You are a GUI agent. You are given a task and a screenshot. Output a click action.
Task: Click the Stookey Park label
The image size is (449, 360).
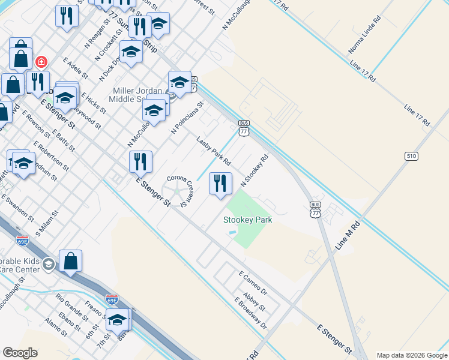click(x=248, y=220)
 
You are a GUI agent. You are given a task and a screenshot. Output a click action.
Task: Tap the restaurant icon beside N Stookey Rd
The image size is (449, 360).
click(x=220, y=184)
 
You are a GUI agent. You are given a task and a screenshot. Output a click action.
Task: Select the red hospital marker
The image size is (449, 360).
click(x=41, y=62)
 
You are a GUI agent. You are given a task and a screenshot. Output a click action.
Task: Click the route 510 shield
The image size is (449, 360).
click(x=411, y=156)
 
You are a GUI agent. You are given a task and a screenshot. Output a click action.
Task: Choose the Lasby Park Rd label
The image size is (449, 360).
click(x=214, y=151)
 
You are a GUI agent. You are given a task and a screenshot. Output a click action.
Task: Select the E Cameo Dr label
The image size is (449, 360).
click(x=253, y=283)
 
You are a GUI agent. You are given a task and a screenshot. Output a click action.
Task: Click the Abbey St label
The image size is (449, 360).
click(x=255, y=302)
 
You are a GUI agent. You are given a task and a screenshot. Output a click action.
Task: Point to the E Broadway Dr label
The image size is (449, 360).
click(x=252, y=315)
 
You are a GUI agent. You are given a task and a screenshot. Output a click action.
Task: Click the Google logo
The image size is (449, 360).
click(x=20, y=353)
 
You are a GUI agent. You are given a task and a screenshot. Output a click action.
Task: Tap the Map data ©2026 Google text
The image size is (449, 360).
click(x=412, y=355)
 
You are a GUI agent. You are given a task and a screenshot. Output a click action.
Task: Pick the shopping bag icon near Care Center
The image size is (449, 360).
click(x=70, y=262)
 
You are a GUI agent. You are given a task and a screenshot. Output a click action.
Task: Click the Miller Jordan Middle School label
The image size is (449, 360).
click(x=138, y=95)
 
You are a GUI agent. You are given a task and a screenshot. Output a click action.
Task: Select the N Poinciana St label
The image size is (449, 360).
click(x=188, y=117)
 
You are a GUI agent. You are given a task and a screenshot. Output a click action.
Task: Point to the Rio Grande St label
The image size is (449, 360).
click(x=71, y=305)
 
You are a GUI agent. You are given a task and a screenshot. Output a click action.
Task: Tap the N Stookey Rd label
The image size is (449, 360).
click(x=254, y=171)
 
